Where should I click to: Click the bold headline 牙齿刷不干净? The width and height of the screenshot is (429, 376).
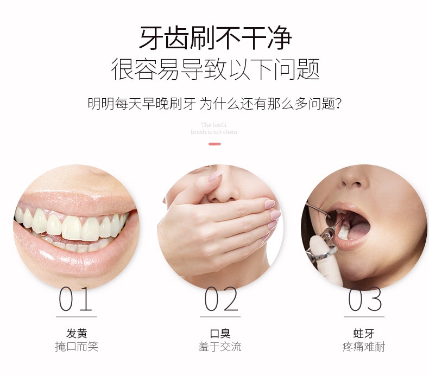(216, 38)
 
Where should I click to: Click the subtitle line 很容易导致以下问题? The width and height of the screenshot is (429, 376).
(216, 69)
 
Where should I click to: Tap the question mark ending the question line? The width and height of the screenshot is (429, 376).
(338, 104)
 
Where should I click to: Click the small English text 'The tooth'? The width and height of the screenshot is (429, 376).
(213, 125)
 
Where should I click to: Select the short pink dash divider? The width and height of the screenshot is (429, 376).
(215, 144)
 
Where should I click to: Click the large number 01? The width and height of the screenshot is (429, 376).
(75, 299)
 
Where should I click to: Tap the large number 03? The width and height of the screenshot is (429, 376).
(365, 299)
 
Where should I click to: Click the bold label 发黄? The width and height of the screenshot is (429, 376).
(77, 333)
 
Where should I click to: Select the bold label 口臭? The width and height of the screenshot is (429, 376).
(220, 333)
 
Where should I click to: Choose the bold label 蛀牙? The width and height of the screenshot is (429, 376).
(364, 333)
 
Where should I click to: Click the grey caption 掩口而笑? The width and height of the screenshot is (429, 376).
(77, 347)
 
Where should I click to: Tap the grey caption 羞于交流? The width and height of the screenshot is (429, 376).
(220, 347)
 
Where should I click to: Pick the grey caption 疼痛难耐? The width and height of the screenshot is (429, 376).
(364, 347)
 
